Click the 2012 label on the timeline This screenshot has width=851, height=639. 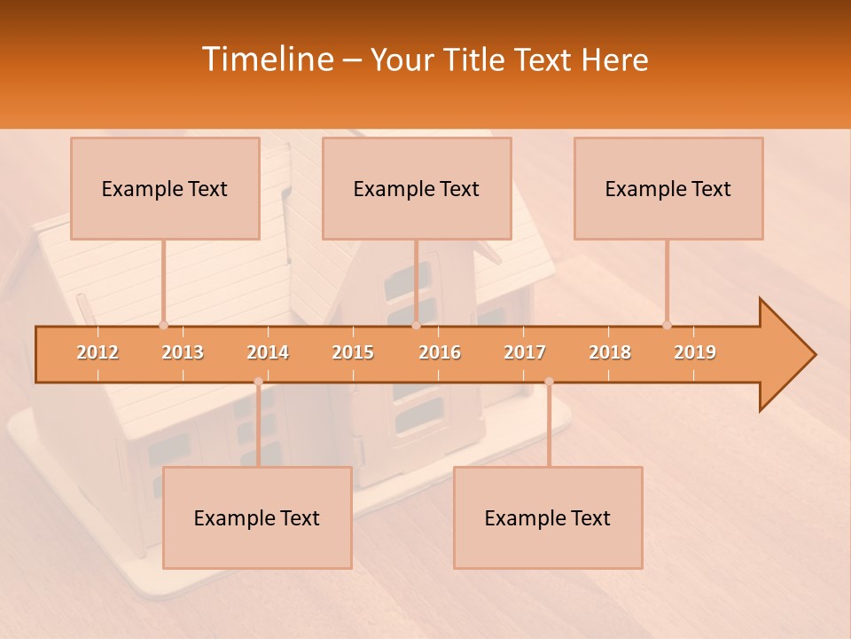point(98,352)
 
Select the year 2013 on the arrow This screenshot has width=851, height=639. point(183,352)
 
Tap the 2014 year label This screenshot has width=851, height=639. point(268,352)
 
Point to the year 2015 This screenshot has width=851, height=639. point(353,352)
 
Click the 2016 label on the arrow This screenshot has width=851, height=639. point(440,352)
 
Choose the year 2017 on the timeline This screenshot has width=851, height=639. point(525,352)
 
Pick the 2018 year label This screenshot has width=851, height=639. point(610,352)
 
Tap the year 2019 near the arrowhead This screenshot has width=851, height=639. point(695,352)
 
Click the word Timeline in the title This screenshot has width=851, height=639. point(266,59)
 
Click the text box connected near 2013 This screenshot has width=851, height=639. point(165,188)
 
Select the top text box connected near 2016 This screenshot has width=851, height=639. point(417,188)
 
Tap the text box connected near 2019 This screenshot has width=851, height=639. point(668,188)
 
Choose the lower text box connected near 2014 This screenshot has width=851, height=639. point(257,517)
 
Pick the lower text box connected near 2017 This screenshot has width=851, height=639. point(548,517)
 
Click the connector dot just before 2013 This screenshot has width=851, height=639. point(163,325)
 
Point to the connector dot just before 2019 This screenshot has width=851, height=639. point(667,325)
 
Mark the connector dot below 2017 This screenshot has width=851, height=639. point(549,382)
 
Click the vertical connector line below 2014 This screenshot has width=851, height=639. point(258,426)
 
